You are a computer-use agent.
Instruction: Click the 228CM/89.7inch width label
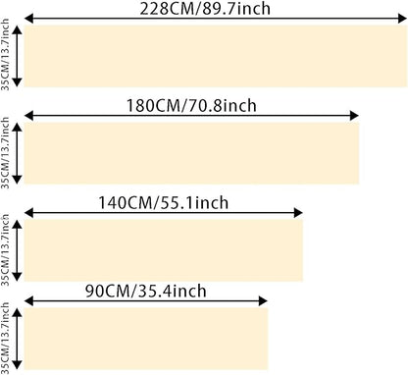pos(205,9)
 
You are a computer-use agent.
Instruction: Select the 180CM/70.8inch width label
pos(191,105)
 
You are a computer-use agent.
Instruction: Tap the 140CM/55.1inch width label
pos(164,202)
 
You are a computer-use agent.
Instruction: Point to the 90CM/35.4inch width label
pos(146,291)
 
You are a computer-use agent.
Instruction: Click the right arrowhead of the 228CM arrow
pos(402,19)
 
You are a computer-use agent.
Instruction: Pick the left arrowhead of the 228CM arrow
pos(29,19)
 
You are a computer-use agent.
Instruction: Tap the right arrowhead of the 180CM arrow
pos(354,116)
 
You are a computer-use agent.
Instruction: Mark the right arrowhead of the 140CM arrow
pos(298,213)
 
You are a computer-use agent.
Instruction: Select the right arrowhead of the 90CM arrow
pos(263,300)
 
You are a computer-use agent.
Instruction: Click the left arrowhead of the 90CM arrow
pos(29,300)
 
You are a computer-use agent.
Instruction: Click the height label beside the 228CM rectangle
pos(5,55)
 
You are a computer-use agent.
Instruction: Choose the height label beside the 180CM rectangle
pos(5,153)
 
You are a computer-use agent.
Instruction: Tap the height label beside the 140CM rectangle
pos(5,250)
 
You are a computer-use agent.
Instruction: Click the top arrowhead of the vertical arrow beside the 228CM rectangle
pos(17,30)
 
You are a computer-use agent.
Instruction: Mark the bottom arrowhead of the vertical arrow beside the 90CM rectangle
pos(17,365)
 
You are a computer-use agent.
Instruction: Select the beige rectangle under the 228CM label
pos(216,56)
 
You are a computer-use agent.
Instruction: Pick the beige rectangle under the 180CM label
pos(191,153)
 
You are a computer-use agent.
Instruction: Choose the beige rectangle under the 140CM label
pos(164,250)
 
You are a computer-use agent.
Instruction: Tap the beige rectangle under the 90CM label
pos(146,339)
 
